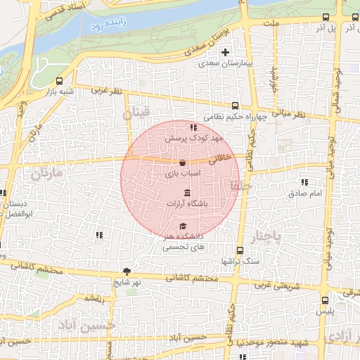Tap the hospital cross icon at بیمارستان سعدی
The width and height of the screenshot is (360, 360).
point(225,52)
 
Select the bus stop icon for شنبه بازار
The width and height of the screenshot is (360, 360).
point(58,81)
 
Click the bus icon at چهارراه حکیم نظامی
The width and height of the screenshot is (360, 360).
point(233,103)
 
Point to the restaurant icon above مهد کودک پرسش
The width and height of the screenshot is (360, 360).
point(193,127)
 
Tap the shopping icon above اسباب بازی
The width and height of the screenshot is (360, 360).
point(183,162)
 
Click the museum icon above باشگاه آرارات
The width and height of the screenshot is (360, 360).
point(187,193)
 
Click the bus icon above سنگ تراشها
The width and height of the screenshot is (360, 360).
point(240,250)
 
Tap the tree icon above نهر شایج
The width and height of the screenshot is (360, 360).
point(127,271)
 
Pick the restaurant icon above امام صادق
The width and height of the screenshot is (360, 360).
point(304,181)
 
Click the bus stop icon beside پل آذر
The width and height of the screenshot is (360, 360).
point(324,18)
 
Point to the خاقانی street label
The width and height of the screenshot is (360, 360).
point(222,159)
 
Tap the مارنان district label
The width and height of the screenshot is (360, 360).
point(47,172)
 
